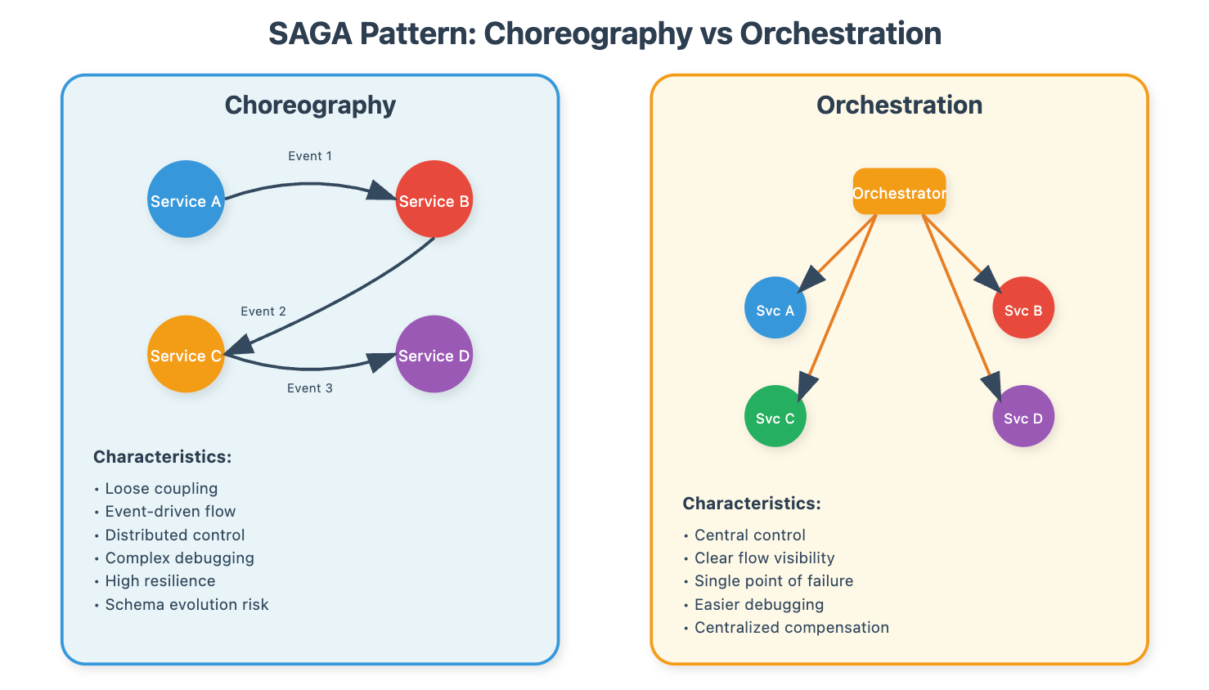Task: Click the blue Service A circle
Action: [x=187, y=199]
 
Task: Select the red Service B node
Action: [x=434, y=199]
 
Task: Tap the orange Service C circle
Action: [x=187, y=354]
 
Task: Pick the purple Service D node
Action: [x=434, y=354]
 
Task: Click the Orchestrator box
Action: [x=899, y=191]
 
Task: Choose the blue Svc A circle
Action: [x=775, y=307]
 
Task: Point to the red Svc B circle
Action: [x=1023, y=307]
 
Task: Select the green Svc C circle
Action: [x=775, y=416]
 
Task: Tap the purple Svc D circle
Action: [x=1023, y=416]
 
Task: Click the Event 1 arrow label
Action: [x=310, y=156]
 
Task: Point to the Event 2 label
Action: [x=263, y=311]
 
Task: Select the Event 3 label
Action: [x=310, y=388]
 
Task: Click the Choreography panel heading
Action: [x=310, y=105]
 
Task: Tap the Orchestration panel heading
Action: [x=899, y=105]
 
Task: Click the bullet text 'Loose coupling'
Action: [x=161, y=488]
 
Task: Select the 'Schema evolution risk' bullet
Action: [x=187, y=604]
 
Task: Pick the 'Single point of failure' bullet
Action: [x=774, y=581]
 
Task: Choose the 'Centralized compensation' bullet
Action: [x=792, y=627]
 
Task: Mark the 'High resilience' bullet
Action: [x=160, y=581]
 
